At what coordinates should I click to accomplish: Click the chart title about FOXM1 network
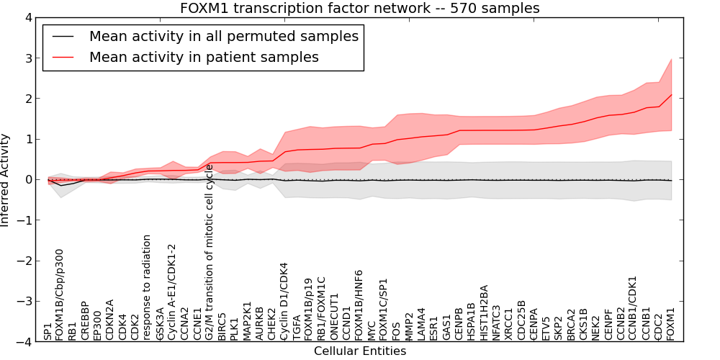(x=359, y=8)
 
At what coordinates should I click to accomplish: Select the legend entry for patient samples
(x=204, y=57)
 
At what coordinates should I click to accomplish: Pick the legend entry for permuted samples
(x=223, y=36)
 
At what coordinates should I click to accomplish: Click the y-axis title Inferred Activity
(x=6, y=179)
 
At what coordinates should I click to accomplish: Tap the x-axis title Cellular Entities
(x=359, y=351)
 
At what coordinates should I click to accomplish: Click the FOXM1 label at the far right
(x=671, y=323)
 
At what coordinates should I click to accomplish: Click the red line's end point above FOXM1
(x=671, y=95)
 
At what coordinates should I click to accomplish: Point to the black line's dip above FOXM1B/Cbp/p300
(x=62, y=186)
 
